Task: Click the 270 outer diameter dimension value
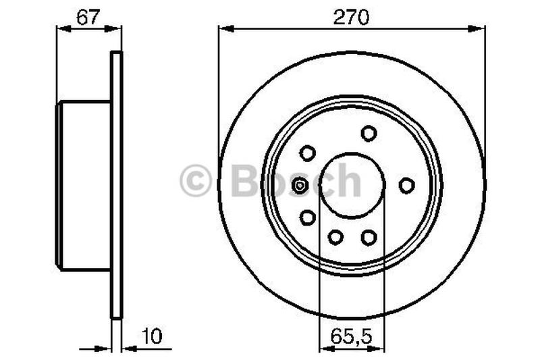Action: [x=351, y=18]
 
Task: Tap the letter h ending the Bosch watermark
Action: [x=348, y=181]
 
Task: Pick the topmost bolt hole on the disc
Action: [x=369, y=133]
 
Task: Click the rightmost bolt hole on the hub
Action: [x=406, y=184]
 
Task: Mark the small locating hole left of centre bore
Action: [x=300, y=184]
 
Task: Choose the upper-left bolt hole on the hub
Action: [x=308, y=153]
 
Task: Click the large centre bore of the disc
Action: [x=352, y=185]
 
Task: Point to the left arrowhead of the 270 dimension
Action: [x=223, y=29]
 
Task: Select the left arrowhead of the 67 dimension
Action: [x=61, y=29]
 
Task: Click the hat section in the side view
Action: [x=84, y=184]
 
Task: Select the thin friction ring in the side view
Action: [x=117, y=184]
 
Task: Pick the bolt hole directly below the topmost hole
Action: [x=369, y=237]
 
